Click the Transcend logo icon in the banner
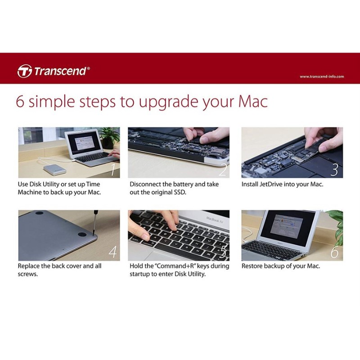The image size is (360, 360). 24,71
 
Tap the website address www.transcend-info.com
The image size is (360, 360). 322,76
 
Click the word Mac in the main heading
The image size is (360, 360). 253,101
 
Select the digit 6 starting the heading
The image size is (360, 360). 20,102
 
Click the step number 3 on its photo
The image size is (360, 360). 334,170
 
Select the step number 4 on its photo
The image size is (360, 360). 112,252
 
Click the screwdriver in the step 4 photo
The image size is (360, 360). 95,222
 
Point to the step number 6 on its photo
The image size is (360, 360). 334,252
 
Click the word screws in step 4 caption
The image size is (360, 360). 28,274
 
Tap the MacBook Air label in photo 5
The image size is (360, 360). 215,220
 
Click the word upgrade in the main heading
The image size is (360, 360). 168,103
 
